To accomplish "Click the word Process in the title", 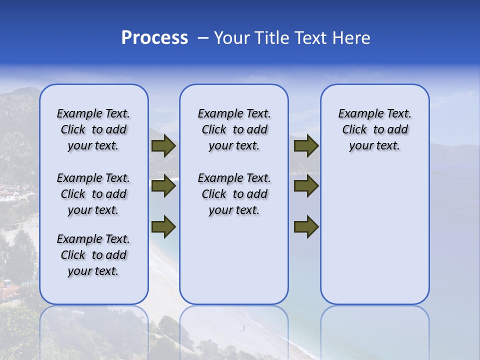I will tap(154, 38).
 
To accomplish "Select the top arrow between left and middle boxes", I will tap(163, 146).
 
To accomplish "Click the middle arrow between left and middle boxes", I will tap(163, 186).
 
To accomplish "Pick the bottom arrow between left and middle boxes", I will tap(163, 227).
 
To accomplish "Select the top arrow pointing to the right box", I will tap(306, 146).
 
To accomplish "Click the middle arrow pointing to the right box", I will tap(306, 186).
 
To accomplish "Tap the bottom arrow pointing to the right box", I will tap(306, 227).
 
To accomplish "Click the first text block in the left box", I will tap(93, 129).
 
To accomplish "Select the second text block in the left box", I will tap(93, 194).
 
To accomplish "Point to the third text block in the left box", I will tap(93, 255).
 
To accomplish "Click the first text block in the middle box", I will tap(234, 129).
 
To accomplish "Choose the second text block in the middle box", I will tap(234, 194).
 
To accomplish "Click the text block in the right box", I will tap(374, 129).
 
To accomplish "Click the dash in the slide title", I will tap(202, 38).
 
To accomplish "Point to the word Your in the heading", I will tap(232, 38).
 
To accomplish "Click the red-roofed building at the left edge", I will tap(8, 289).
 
